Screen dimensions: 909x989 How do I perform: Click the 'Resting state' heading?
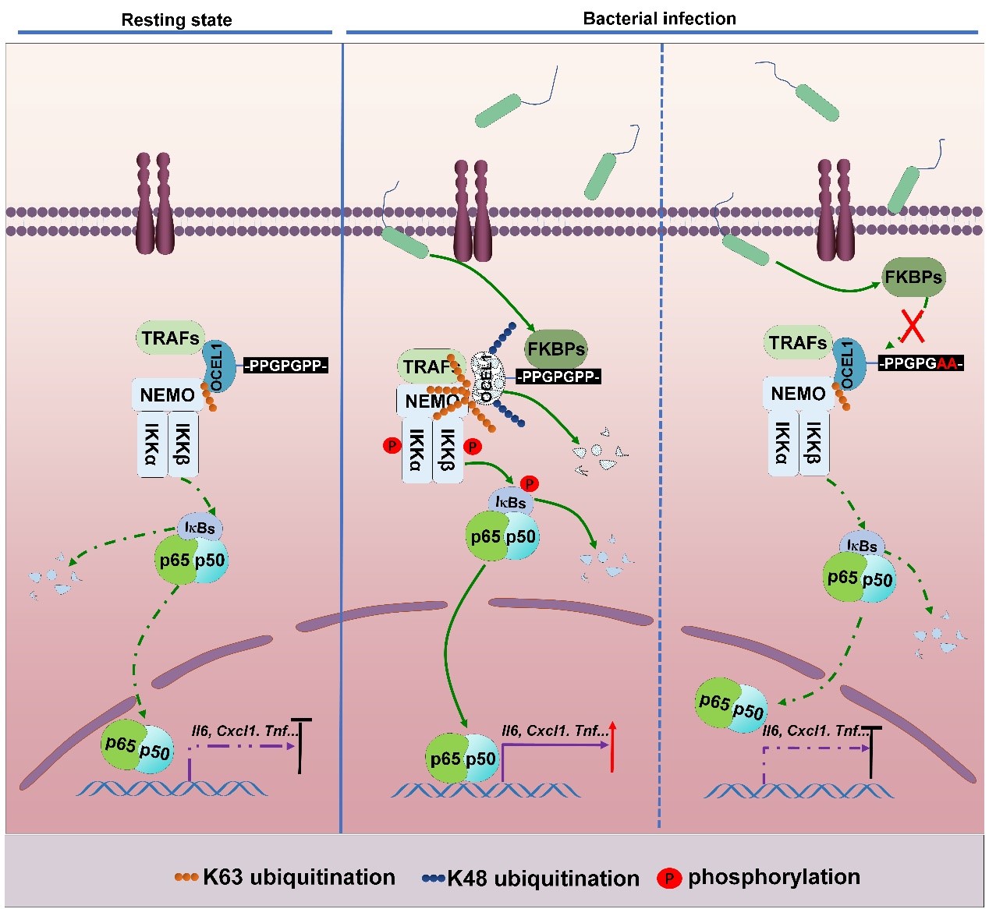coord(176,20)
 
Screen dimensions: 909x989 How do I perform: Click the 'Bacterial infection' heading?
coord(659,19)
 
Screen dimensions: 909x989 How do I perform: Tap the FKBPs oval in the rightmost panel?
coord(913,277)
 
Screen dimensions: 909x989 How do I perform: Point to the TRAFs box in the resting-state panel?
coord(171,338)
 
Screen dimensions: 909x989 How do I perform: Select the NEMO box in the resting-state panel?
coord(167,394)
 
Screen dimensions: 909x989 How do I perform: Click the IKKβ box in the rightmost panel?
coord(812,444)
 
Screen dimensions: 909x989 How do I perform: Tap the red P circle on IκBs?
coord(529,484)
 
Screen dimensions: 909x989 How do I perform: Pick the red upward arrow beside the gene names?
coord(613,746)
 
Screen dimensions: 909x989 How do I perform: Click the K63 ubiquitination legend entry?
coord(285,877)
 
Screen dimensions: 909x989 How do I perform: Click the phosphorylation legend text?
coord(774,877)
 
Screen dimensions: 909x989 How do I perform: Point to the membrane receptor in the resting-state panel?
coord(154,204)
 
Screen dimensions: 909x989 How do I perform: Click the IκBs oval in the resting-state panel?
coord(200,528)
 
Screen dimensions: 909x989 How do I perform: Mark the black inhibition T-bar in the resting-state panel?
coord(301,745)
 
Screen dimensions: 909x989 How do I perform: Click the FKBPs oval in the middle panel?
coord(555,348)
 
